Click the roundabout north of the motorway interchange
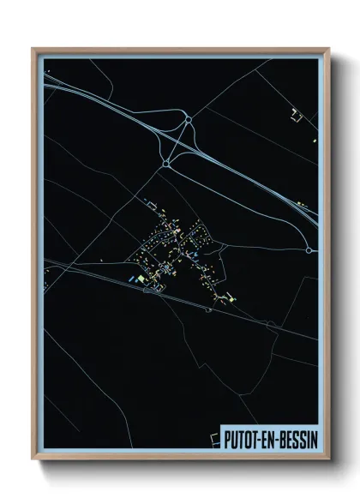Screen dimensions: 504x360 187,123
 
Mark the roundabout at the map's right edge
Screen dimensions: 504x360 309,250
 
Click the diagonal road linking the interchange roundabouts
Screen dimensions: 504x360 177,141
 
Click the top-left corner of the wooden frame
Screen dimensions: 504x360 33,49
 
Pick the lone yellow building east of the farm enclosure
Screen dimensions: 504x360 315,138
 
